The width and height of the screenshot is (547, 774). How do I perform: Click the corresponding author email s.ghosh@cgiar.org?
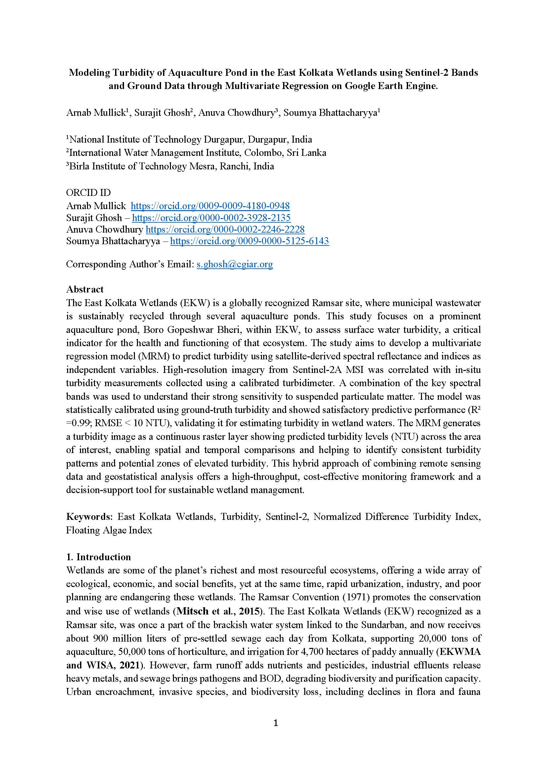(234, 264)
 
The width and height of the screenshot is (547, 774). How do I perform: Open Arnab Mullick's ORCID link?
(210, 206)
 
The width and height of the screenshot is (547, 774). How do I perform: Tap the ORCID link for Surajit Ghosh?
(211, 218)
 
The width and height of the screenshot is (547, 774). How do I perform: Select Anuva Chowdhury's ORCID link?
(225, 230)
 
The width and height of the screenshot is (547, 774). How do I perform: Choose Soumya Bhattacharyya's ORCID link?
(249, 241)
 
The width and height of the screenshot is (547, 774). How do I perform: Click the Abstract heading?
(85, 290)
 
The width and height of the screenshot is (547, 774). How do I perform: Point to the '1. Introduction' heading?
(98, 557)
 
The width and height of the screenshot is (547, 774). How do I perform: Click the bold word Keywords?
(89, 517)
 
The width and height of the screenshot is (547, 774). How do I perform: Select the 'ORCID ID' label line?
(88, 193)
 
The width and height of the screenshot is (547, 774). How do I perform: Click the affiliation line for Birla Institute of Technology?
(170, 166)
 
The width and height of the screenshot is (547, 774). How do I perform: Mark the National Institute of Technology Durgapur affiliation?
(189, 140)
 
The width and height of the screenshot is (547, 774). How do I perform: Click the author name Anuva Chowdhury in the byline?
(236, 113)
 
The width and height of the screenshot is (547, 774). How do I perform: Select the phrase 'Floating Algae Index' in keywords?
(109, 530)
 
